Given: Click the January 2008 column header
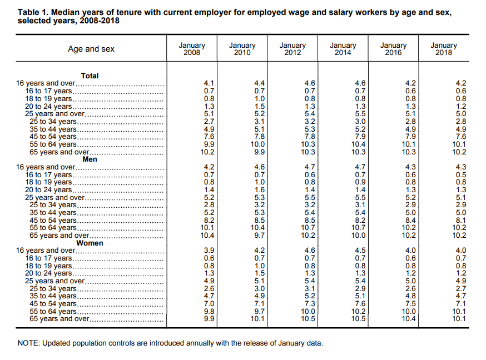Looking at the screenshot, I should (192, 49).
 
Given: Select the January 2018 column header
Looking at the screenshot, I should (444, 49).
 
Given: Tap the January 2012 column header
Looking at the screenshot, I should (292, 49).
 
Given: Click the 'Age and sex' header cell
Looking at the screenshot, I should (91, 49).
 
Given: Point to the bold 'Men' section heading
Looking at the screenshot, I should (90, 159).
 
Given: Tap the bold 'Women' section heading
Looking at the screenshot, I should (90, 243).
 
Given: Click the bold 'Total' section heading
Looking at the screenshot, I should (90, 76).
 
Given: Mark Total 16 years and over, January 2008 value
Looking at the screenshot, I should (209, 83).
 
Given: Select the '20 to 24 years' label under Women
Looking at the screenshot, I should (48, 273).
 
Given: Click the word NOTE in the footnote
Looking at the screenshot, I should (28, 343).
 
